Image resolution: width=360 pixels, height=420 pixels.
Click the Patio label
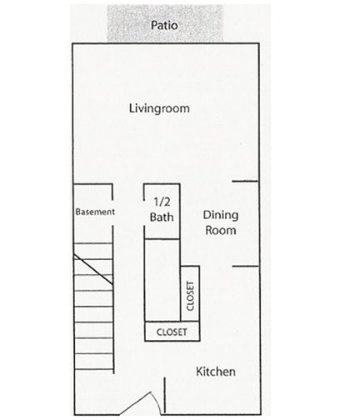click(x=164, y=25)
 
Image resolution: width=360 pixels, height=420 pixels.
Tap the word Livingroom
click(x=159, y=108)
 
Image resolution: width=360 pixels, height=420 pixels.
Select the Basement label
click(x=95, y=212)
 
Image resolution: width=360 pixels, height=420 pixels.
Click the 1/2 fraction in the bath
click(x=162, y=202)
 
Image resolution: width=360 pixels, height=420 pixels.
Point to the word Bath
click(x=162, y=217)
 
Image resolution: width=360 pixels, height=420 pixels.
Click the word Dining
click(x=221, y=216)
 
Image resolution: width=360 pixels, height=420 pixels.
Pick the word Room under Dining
click(x=221, y=230)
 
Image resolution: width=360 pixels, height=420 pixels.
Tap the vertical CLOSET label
click(x=190, y=296)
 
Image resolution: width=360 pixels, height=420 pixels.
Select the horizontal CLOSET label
click(x=172, y=332)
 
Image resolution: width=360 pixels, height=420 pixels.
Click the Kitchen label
click(x=216, y=372)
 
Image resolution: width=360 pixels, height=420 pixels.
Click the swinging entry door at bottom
click(x=140, y=402)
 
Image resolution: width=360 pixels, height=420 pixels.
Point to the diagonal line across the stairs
click(x=93, y=269)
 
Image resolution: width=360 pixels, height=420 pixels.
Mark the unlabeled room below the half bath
click(x=162, y=280)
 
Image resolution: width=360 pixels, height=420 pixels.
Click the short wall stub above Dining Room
click(x=245, y=181)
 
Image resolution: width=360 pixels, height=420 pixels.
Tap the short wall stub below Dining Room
click(x=245, y=267)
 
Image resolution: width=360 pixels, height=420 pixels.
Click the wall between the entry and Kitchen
click(x=165, y=395)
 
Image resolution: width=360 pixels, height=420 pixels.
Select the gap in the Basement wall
click(x=112, y=212)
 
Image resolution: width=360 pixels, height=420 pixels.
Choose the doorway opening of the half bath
click(x=144, y=213)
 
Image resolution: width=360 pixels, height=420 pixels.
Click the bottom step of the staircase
click(x=94, y=362)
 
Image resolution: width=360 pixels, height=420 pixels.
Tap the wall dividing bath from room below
click(x=162, y=238)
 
